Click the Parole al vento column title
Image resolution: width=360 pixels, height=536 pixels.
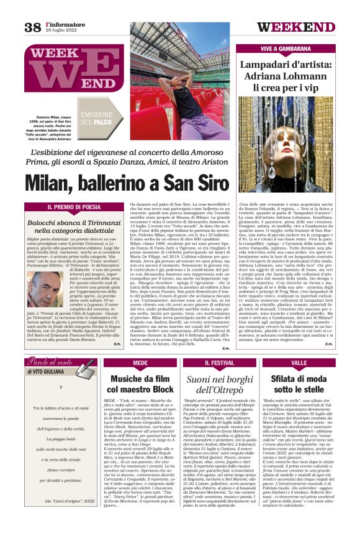click(53, 363)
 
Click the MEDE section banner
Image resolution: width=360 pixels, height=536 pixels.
click(140, 363)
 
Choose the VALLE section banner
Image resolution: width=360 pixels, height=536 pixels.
click(299, 363)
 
